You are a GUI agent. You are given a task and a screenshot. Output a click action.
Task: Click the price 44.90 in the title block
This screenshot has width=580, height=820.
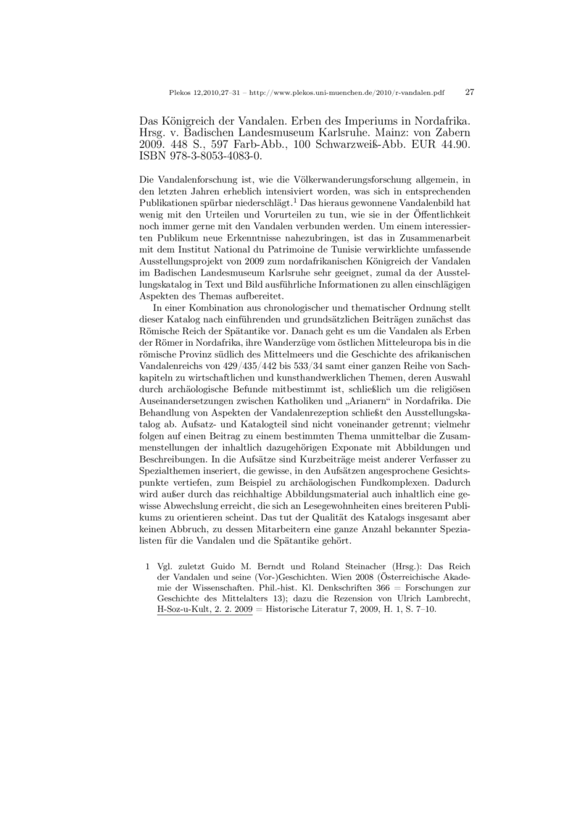click(457, 145)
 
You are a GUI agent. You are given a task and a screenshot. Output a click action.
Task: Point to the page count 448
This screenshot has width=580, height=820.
click(174, 145)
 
